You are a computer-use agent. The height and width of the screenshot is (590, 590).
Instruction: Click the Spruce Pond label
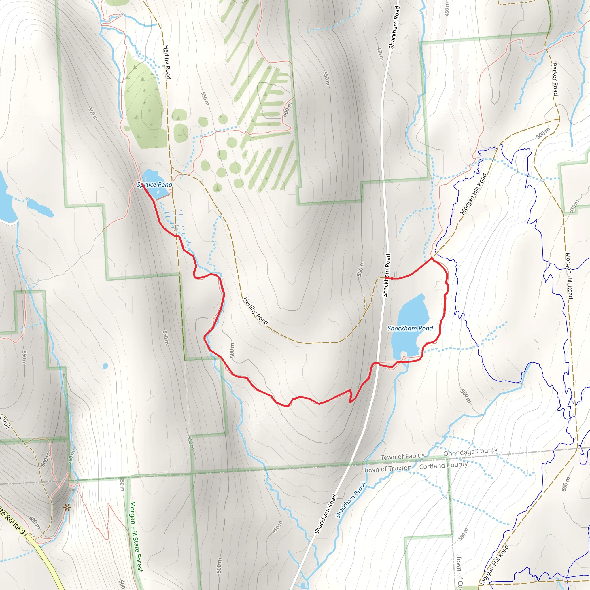pos(154,184)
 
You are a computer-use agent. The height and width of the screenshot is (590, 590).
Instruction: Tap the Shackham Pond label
pos(410,328)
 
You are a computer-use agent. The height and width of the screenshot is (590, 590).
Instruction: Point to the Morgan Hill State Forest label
pos(136,536)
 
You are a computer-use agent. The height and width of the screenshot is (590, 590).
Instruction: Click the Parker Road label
pos(555,79)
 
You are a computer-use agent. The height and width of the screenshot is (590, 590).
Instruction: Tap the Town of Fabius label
pos(402,457)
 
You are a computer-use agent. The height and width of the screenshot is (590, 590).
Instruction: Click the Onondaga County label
pos(470,452)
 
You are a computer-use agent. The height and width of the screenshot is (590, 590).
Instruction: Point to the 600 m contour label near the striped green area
pos(287,109)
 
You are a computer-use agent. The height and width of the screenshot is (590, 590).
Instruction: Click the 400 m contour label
pos(35,523)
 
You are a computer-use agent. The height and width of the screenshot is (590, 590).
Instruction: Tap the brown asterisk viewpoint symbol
pos(67,508)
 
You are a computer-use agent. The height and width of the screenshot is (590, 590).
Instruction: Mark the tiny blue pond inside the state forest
pos(105,366)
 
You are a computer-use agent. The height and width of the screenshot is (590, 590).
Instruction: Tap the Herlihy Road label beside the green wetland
pos(167,62)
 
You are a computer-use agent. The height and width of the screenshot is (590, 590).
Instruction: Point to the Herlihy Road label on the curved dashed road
pos(256,311)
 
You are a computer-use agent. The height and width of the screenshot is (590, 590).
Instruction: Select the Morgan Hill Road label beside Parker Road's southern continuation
pos(569,276)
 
